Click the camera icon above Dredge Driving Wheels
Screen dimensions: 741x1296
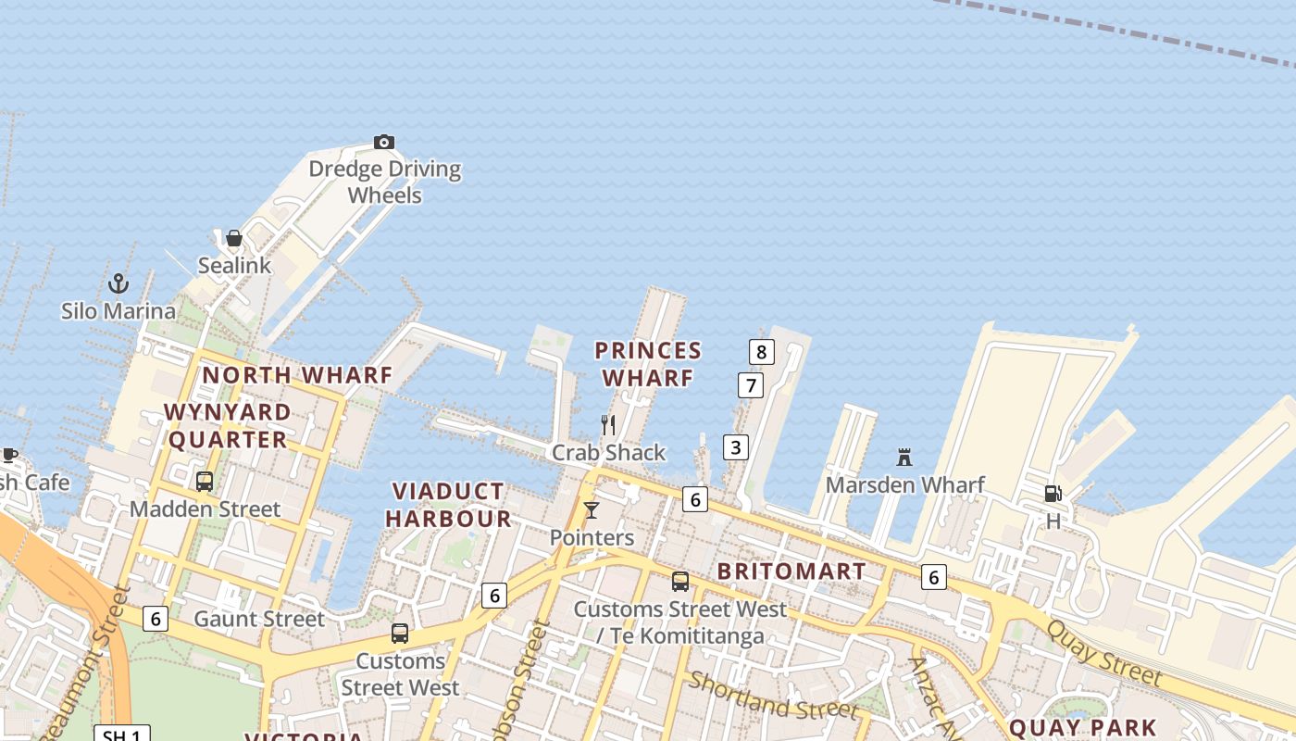click(384, 142)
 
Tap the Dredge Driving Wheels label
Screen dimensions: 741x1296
click(384, 182)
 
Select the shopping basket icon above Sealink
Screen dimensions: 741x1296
click(234, 239)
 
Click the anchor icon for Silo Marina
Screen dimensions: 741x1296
click(118, 283)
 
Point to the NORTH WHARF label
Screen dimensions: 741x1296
click(298, 375)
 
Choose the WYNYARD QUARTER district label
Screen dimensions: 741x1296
click(227, 425)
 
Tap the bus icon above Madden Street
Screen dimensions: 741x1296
click(205, 482)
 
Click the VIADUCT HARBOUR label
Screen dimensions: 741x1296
click(448, 505)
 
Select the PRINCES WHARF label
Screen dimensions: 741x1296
click(648, 364)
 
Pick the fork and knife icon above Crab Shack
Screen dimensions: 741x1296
click(608, 425)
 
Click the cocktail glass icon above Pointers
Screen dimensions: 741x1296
click(592, 510)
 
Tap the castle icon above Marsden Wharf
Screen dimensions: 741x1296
click(904, 457)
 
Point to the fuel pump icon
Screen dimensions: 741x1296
click(1053, 494)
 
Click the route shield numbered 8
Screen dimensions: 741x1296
click(761, 352)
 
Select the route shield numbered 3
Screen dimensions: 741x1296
click(735, 447)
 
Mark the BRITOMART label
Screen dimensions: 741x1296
click(791, 571)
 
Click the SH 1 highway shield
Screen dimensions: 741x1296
click(121, 735)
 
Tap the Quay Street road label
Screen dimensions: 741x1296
click(1104, 654)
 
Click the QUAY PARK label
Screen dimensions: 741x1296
click(1083, 727)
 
